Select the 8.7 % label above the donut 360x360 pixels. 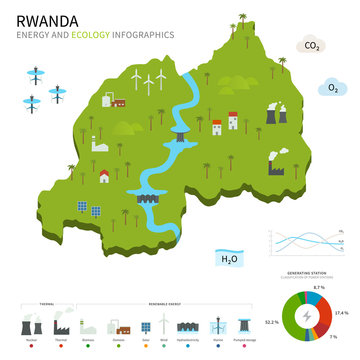tap(319, 287)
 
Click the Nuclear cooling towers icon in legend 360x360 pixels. tap(31, 327)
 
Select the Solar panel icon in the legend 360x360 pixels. tap(145, 326)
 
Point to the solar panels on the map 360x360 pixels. tap(89, 209)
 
